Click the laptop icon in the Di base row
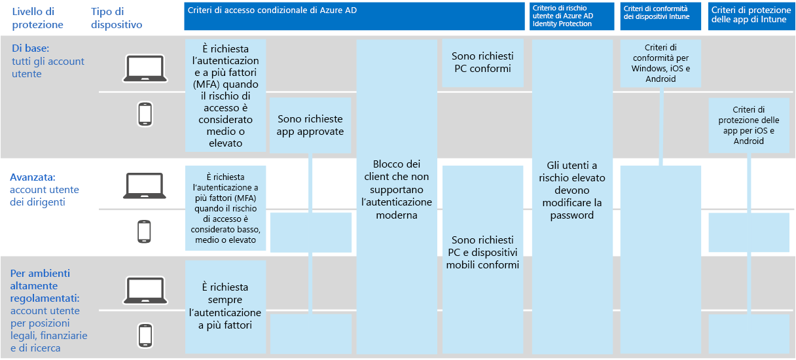145,68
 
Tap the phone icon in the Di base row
145,114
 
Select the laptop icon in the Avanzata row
145,185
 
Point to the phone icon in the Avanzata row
145,232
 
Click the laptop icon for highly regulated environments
145,289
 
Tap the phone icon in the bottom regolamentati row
145,335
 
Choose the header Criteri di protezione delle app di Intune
751,16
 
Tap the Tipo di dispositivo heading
117,18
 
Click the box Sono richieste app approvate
310,126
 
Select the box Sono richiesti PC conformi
482,63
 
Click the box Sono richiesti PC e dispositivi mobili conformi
482,252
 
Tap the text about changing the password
572,190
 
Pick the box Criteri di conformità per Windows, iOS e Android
660,63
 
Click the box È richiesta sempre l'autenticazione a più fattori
225,306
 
